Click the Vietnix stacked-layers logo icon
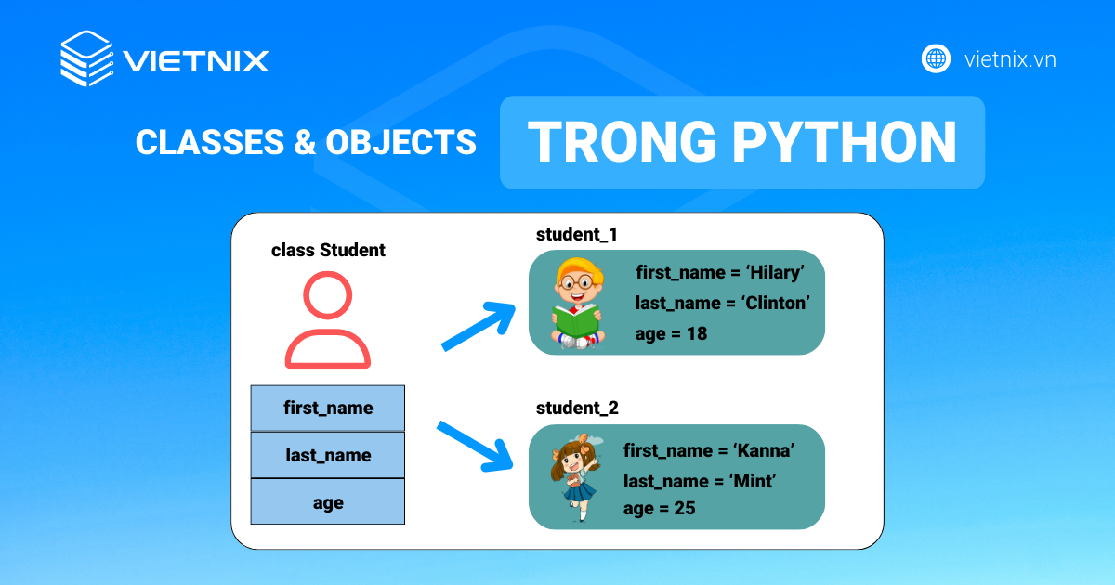(x=87, y=58)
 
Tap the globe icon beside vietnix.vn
(x=936, y=59)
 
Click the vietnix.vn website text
(x=1010, y=59)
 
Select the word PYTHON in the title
(x=845, y=142)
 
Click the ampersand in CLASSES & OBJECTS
(x=305, y=142)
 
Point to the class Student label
(x=328, y=250)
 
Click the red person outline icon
(x=327, y=319)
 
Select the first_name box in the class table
(x=327, y=408)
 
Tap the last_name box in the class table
(x=327, y=455)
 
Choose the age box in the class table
(x=327, y=501)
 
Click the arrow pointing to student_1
(x=479, y=326)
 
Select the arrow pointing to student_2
(x=475, y=447)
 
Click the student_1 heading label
(x=576, y=234)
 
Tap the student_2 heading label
(x=577, y=408)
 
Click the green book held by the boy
(x=577, y=321)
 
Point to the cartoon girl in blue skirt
(x=575, y=476)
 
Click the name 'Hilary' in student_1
(x=775, y=273)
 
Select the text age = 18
(x=671, y=333)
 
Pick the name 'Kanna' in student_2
(x=764, y=450)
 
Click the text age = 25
(x=659, y=509)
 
